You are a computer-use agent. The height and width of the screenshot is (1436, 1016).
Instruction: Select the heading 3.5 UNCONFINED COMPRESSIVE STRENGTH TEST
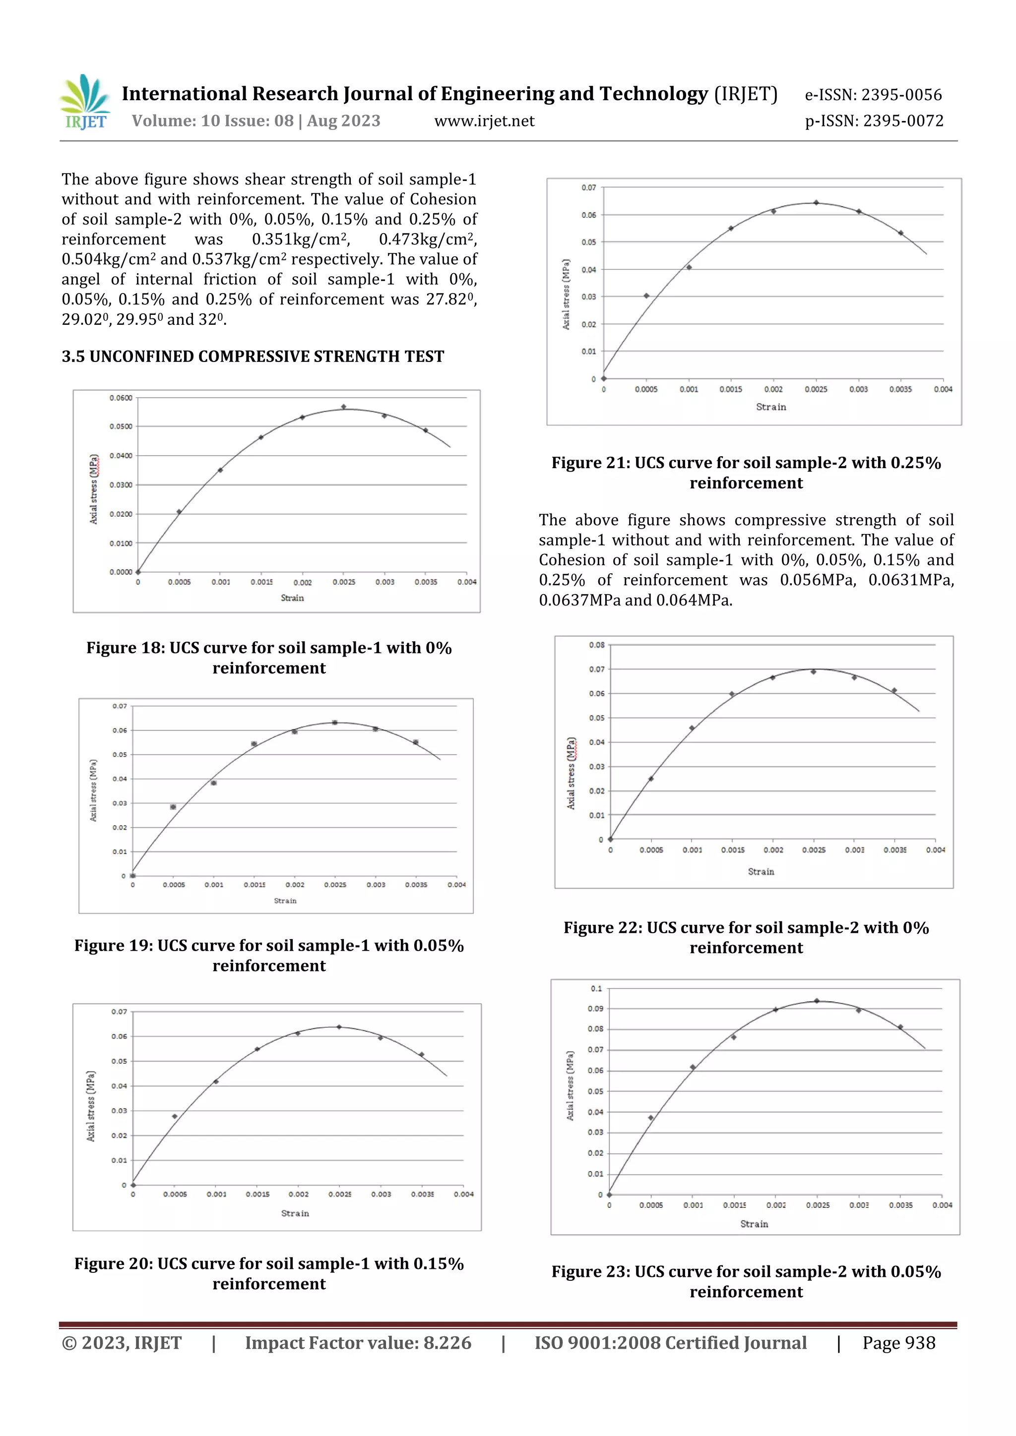tap(253, 357)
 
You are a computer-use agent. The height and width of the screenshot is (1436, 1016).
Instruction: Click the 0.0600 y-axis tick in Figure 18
tap(121, 398)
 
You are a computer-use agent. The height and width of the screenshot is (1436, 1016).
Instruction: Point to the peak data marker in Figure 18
tap(343, 407)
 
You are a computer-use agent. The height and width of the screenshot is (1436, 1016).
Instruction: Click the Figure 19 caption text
tap(269, 955)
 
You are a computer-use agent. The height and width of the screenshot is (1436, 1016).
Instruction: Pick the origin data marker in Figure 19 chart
tap(132, 876)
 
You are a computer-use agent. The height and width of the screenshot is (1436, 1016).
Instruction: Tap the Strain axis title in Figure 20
tap(295, 1213)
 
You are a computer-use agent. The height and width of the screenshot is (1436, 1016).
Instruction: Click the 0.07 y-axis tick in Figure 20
tap(119, 1012)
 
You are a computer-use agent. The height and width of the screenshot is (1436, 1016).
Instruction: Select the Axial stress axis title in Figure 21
tap(566, 294)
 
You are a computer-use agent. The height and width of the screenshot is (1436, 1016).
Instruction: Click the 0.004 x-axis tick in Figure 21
tap(943, 389)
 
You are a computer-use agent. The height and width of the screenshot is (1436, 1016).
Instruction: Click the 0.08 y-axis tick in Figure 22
tap(596, 645)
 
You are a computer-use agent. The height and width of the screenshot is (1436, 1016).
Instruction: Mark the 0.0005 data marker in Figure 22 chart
tap(651, 778)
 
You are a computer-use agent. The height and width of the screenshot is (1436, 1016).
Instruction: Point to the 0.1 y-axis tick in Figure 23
tap(596, 988)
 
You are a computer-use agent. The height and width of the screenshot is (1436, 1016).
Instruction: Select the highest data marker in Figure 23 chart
tap(817, 1001)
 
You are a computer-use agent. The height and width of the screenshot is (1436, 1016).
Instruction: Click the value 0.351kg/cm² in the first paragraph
tap(299, 239)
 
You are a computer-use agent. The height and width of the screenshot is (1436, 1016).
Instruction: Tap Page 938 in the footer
tap(898, 1343)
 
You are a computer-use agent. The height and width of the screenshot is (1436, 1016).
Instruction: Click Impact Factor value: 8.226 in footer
tap(358, 1343)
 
